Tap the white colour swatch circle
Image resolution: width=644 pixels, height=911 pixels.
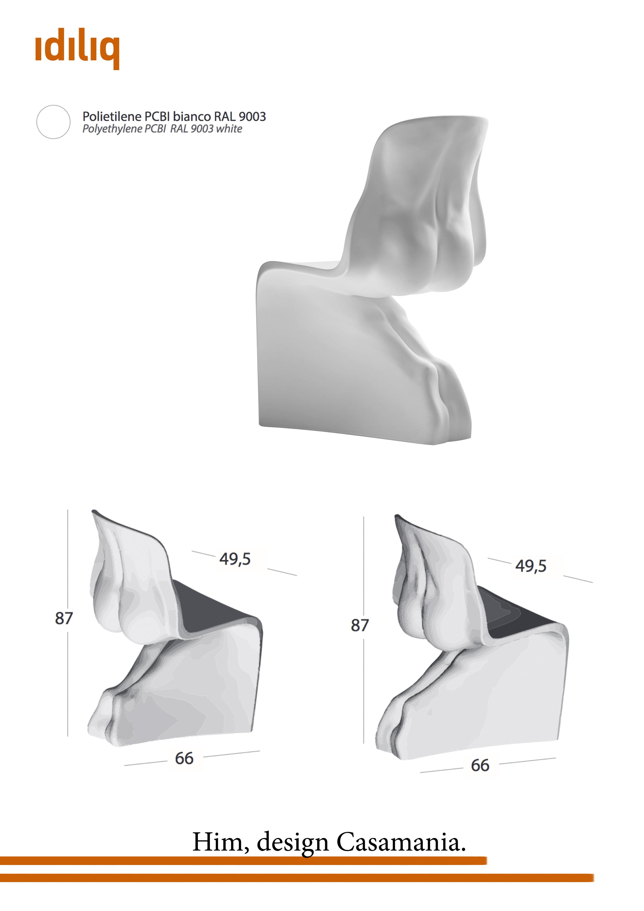tap(53, 122)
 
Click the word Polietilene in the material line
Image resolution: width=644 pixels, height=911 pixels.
tap(112, 116)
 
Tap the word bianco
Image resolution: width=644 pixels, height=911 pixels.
tap(192, 116)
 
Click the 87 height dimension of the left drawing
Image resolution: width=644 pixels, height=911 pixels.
tap(64, 618)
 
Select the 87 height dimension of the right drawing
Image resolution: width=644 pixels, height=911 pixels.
tap(360, 625)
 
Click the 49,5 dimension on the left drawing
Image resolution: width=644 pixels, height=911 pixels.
tap(235, 559)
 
